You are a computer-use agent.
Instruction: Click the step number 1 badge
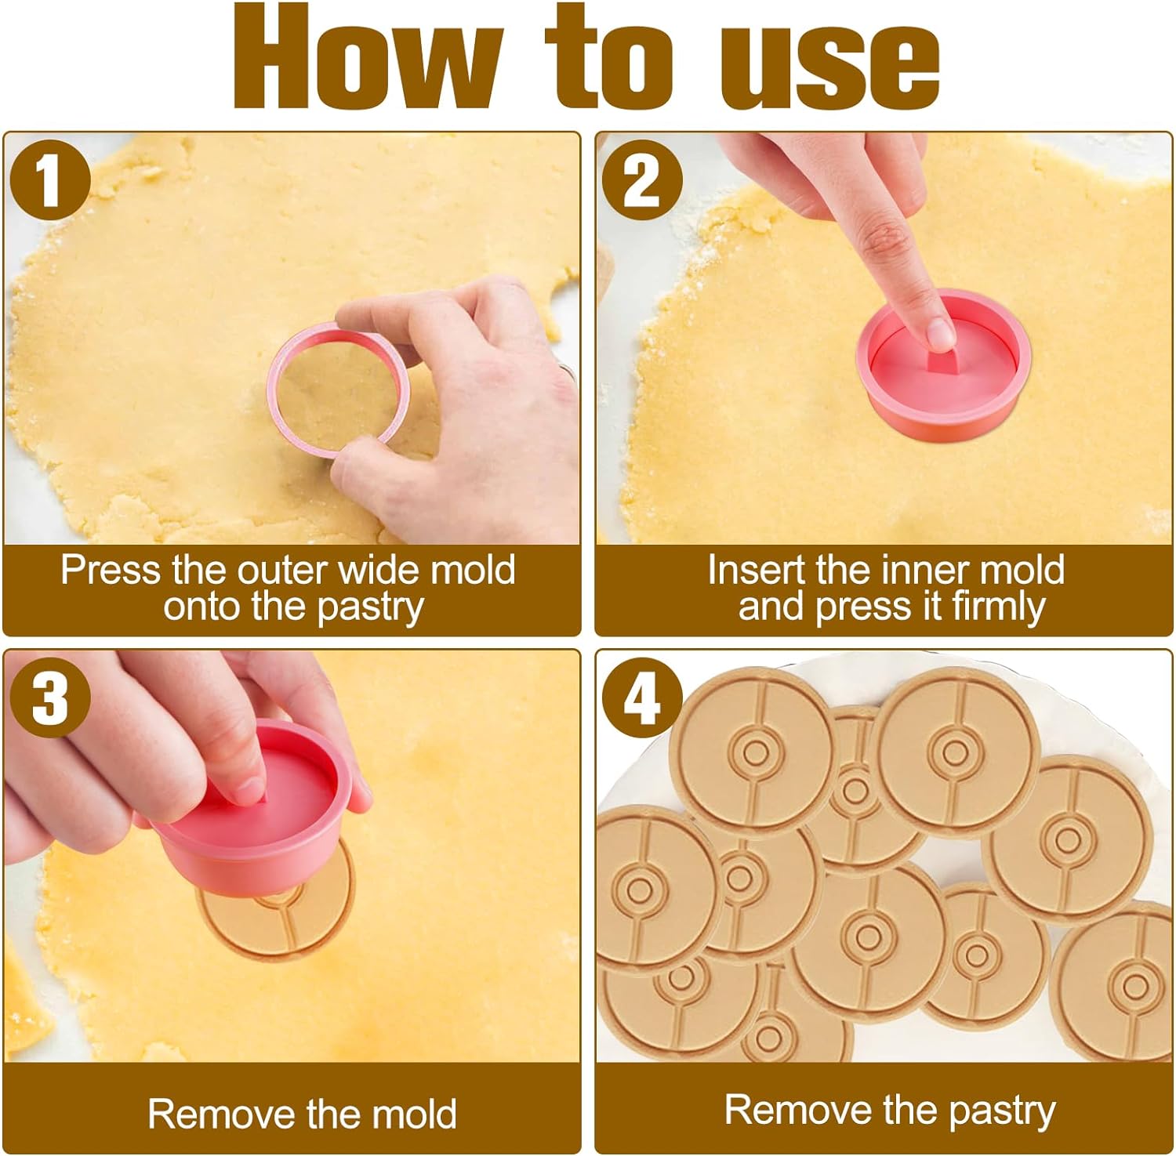50,179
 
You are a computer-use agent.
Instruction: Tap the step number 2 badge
642,179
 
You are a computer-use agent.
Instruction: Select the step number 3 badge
50,698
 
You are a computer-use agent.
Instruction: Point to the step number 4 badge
642,698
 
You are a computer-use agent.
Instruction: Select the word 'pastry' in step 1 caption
372,608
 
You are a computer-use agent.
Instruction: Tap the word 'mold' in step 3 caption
416,1114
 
